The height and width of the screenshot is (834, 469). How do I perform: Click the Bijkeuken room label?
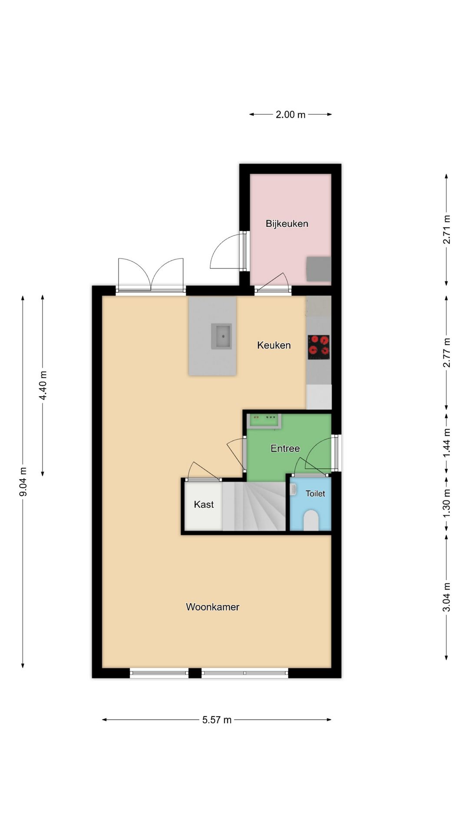(x=287, y=224)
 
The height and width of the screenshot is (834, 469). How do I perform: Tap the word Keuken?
(x=274, y=345)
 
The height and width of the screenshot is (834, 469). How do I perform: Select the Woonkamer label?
(x=212, y=607)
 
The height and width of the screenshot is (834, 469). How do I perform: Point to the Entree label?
(x=285, y=448)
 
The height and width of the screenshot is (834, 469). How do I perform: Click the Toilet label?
(x=315, y=493)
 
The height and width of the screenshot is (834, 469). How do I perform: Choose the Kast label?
(x=204, y=504)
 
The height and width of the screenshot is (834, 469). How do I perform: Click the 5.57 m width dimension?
(x=217, y=720)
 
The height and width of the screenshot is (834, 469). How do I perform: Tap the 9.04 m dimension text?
(x=23, y=482)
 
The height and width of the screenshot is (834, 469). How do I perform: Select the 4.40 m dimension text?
(x=43, y=386)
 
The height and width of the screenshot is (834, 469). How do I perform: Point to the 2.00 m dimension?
(x=291, y=115)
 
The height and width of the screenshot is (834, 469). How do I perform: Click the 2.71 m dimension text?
(x=446, y=229)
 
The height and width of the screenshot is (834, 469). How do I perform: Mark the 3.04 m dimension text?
(x=446, y=597)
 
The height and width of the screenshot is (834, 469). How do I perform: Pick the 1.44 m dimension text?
(x=446, y=443)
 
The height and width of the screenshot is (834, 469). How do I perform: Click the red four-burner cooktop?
(x=319, y=347)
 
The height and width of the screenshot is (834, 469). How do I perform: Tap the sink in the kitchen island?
(x=221, y=336)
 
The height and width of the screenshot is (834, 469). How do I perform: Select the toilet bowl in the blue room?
(x=311, y=520)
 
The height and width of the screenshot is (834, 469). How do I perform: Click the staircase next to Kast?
(x=254, y=506)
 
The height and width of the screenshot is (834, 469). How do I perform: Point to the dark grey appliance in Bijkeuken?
(x=319, y=269)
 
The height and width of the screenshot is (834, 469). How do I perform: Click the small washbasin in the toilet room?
(x=294, y=490)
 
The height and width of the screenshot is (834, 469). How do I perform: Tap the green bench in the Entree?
(x=264, y=421)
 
